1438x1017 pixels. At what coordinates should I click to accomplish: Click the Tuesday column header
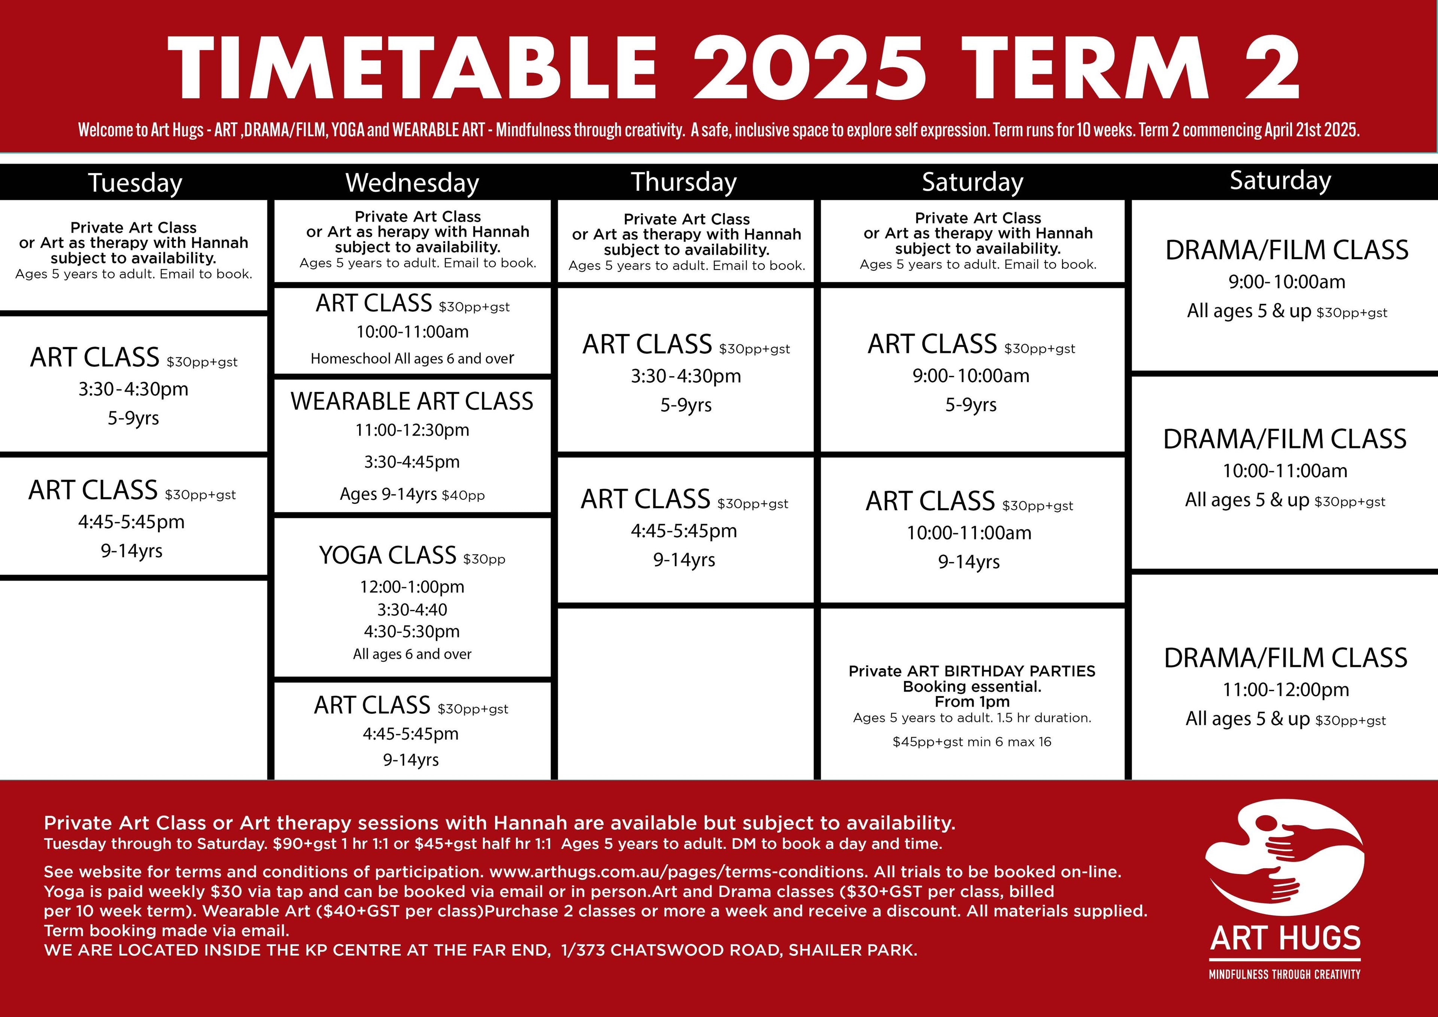[135, 183]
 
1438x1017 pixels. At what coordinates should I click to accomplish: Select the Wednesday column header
[412, 183]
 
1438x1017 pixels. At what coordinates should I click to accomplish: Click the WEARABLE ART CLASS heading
[412, 401]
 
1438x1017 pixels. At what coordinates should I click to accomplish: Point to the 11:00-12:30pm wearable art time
[412, 430]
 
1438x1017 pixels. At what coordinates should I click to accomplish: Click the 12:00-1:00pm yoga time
[412, 587]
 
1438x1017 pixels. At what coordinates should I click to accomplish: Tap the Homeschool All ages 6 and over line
[412, 358]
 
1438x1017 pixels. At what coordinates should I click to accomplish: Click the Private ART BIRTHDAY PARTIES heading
[972, 671]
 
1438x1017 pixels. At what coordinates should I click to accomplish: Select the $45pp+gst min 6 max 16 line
[972, 742]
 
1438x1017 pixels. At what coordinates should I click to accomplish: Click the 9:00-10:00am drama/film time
[1287, 282]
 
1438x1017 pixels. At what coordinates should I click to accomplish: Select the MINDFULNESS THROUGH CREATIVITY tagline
[1284, 974]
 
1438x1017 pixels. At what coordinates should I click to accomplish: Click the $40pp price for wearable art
[464, 496]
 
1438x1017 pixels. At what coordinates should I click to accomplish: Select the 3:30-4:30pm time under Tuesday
[133, 389]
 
